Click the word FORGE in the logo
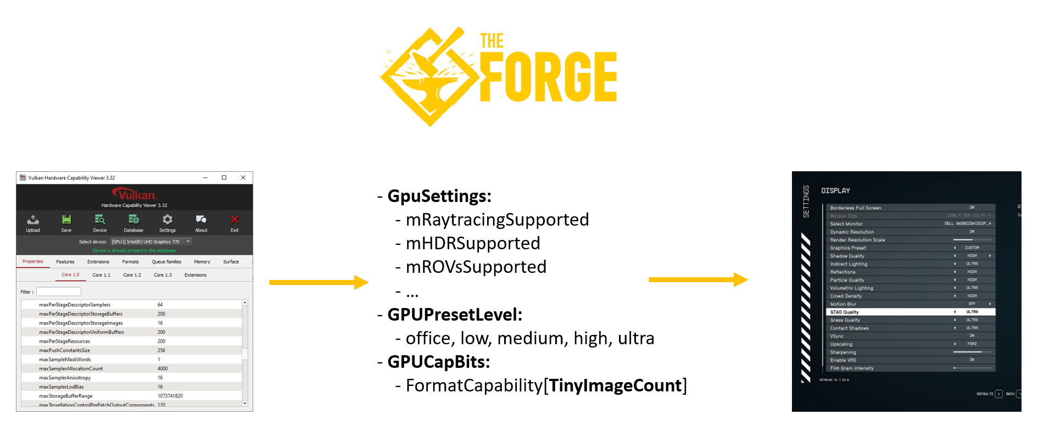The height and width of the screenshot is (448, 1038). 548,77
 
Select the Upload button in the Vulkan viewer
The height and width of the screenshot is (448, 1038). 33,223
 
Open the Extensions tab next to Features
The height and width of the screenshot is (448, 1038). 98,262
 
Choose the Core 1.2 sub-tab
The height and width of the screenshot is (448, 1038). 132,275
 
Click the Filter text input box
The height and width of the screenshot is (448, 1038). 59,292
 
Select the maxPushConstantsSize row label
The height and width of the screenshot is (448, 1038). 65,350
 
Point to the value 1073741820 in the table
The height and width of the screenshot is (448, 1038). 170,396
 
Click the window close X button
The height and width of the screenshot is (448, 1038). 243,177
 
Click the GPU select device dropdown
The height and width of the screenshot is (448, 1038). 150,242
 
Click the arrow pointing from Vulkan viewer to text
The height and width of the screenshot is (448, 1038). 319,282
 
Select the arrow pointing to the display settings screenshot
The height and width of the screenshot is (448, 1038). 698,280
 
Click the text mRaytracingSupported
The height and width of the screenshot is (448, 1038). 497,220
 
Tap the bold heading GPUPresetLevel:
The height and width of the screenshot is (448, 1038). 455,315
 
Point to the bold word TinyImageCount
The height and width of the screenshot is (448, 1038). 616,385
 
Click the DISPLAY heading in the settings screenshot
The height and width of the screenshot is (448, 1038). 835,191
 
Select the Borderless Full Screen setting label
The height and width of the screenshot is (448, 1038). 856,208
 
